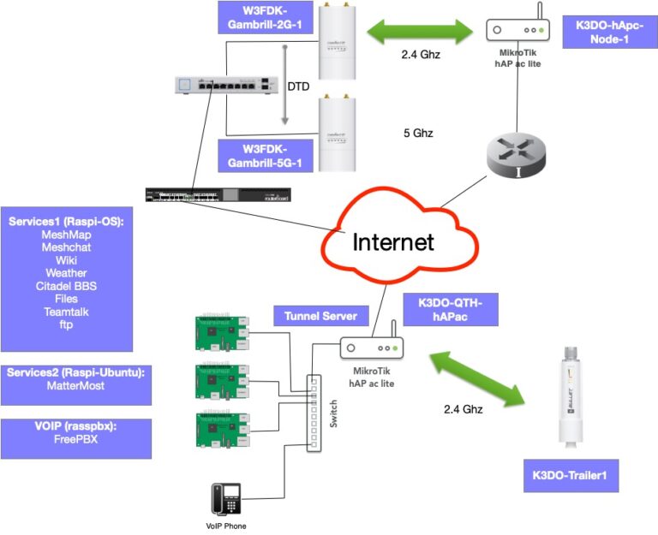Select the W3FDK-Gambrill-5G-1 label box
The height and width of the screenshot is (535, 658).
265,155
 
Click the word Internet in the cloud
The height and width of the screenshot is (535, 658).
393,241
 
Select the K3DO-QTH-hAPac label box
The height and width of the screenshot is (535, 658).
450,310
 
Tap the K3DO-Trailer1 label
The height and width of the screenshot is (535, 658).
570,476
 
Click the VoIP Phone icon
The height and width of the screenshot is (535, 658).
226,499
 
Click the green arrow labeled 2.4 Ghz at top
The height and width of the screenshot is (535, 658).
421,33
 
